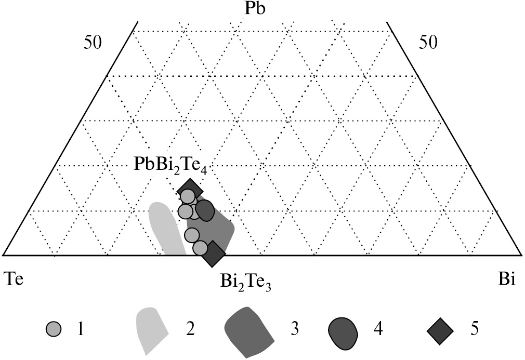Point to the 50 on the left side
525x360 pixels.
pyautogui.click(x=94, y=43)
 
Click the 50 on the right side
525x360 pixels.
pyautogui.click(x=428, y=43)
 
